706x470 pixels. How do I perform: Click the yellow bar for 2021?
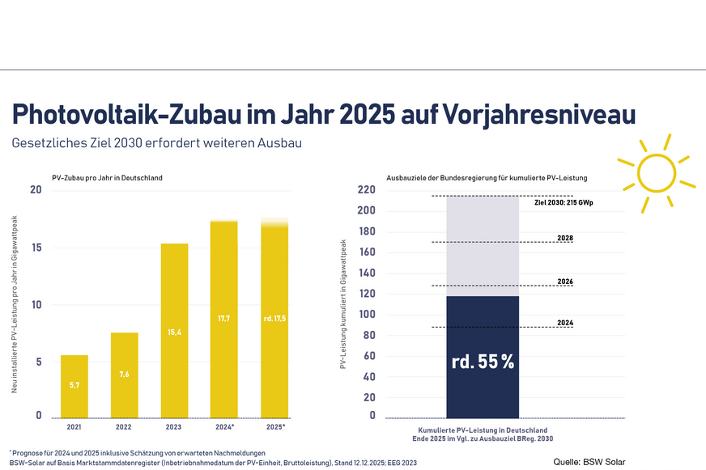[x=74, y=387]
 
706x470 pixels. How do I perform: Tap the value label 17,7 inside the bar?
[x=224, y=320]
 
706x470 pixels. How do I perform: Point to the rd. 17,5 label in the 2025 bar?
[x=274, y=320]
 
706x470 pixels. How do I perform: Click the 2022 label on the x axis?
[x=124, y=426]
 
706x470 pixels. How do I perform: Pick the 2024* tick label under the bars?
[x=224, y=426]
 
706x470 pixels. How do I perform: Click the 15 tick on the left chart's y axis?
[x=36, y=248]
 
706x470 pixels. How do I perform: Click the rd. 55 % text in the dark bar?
[x=483, y=362]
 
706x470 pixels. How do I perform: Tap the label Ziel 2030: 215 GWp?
[x=564, y=203]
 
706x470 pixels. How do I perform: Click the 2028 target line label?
[x=566, y=238]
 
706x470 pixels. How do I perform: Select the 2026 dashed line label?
[x=566, y=282]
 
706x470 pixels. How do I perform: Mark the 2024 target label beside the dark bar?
[x=566, y=323]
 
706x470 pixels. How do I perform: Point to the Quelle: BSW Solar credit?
[x=590, y=462]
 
